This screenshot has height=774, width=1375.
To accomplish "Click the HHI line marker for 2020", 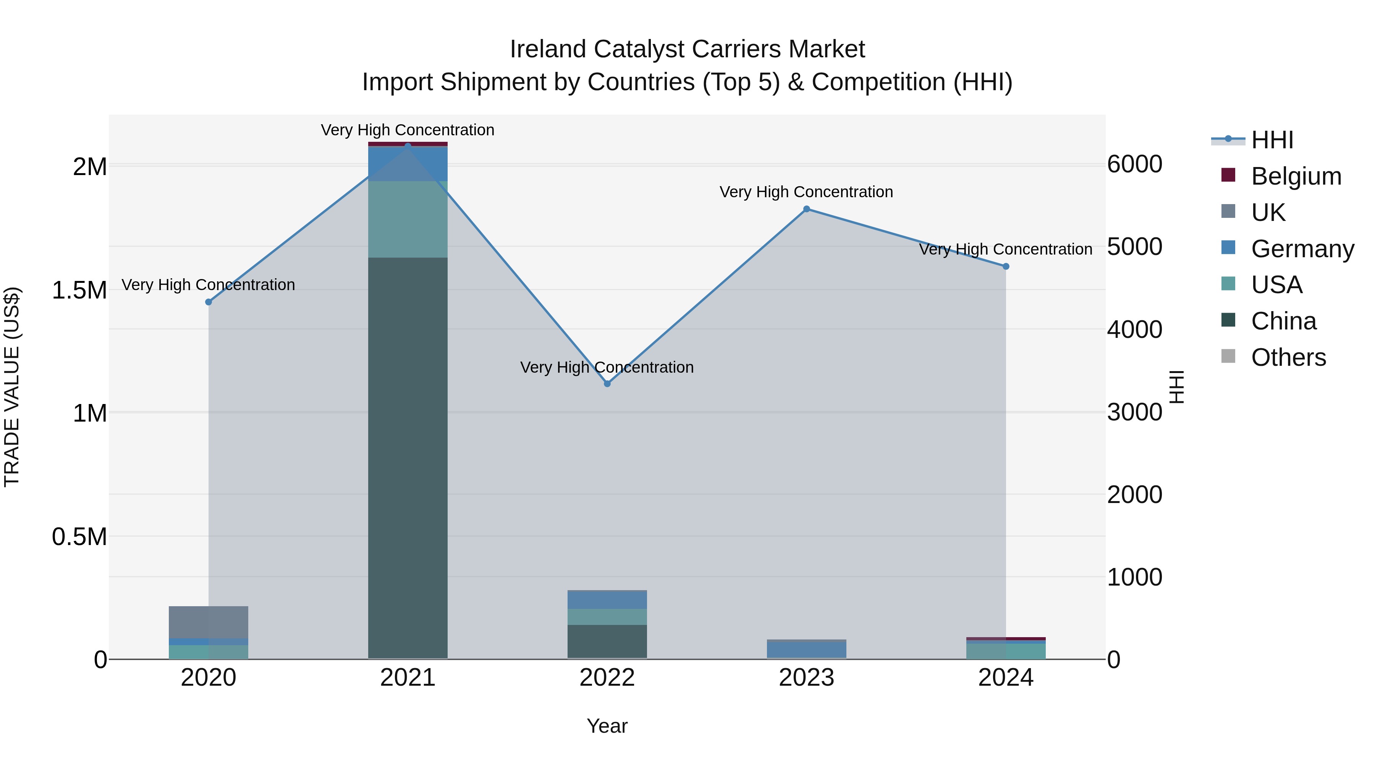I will pyautogui.click(x=209, y=302).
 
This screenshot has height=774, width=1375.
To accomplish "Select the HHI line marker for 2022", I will pyautogui.click(x=607, y=383).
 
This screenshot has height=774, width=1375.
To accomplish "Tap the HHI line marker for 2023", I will pyautogui.click(x=807, y=209).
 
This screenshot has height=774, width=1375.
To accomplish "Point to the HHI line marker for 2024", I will pyautogui.click(x=1006, y=266).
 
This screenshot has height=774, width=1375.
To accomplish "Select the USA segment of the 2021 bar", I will pyautogui.click(x=408, y=219).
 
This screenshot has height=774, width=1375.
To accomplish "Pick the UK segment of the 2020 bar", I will pyautogui.click(x=209, y=622).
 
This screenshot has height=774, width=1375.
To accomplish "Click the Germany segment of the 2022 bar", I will pyautogui.click(x=607, y=599).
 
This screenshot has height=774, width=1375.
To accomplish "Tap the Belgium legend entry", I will pyautogui.click(x=1296, y=176).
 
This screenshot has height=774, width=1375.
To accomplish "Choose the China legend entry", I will pyautogui.click(x=1283, y=321).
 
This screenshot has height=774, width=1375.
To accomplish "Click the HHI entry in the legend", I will pyautogui.click(x=1271, y=140).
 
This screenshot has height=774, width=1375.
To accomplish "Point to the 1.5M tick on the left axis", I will pyautogui.click(x=79, y=290).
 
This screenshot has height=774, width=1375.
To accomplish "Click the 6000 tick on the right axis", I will pyautogui.click(x=1134, y=164).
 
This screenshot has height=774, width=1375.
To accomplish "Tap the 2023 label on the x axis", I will pyautogui.click(x=807, y=677).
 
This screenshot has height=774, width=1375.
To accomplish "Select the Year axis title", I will pyautogui.click(x=607, y=726).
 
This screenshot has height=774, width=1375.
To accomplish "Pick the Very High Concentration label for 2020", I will pyautogui.click(x=208, y=285).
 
